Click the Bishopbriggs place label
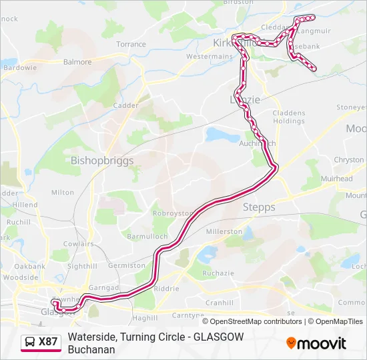102,161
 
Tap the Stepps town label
259,207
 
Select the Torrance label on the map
131,44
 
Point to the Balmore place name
77,62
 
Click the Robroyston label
172,214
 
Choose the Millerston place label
224,231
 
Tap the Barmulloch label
147,236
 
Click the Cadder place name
125,105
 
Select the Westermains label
208,57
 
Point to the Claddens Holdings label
289,117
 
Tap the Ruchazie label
218,273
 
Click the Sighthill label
82,266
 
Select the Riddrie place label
166,289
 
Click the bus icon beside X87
30,343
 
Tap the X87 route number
49,343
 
